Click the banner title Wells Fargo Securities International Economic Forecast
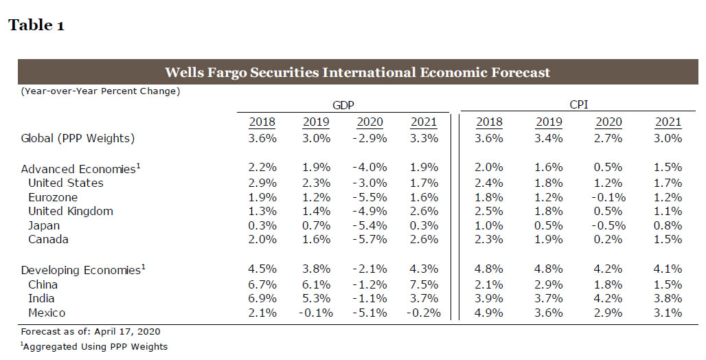[357, 72]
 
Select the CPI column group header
[578, 105]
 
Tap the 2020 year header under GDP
[369, 122]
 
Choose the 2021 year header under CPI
[668, 122]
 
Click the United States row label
[66, 183]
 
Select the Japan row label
[44, 225]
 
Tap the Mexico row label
[47, 313]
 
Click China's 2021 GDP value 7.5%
[424, 284]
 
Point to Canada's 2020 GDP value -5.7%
[369, 239]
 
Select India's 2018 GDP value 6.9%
[262, 298]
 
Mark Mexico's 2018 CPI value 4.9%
[489, 313]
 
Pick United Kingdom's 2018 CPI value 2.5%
[489, 211]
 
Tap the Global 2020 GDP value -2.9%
[369, 138]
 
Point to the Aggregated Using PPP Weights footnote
[94, 347]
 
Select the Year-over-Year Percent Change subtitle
[100, 91]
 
